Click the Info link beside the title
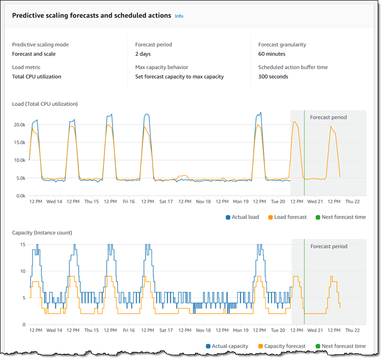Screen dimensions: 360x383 [179, 16]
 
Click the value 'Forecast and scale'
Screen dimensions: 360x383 [34, 54]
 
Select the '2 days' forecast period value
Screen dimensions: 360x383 [143, 54]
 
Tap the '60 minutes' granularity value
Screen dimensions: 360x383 [271, 54]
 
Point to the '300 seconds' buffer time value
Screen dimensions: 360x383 [273, 76]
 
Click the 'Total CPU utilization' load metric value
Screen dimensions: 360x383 [36, 76]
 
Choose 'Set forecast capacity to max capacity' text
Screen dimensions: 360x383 [179, 76]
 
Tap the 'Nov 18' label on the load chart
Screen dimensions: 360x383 [203, 202]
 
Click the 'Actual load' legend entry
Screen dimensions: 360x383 [245, 217]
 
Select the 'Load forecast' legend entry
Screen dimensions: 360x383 [290, 217]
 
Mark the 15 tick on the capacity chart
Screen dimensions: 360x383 [22, 244]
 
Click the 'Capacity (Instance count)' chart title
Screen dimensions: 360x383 [42, 232]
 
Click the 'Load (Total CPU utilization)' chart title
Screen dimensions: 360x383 [45, 104]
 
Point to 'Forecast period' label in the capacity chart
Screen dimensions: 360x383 [328, 246]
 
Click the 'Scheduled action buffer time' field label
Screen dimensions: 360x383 [293, 68]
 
